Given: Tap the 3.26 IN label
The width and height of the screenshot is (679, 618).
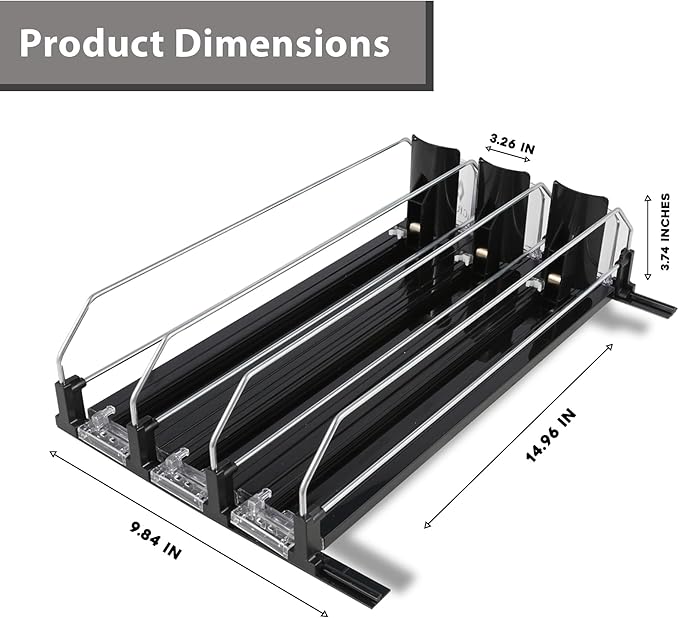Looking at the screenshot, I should pos(512,142).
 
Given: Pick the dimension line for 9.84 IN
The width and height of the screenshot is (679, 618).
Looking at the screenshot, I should pos(188,530).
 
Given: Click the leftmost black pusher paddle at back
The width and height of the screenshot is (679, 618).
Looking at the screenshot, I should pos(432,190).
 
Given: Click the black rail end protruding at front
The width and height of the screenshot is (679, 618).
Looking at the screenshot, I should pos(352,580).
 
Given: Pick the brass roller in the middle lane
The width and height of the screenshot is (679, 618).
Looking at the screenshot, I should pos(482,254).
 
